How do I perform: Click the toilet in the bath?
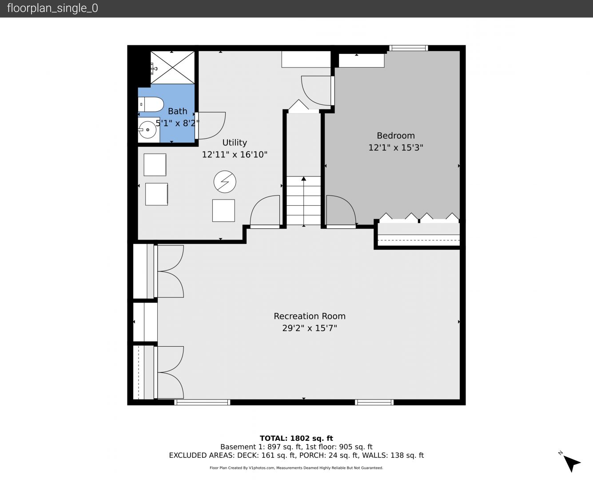pyautogui.click(x=151, y=104)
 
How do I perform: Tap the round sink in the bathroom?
pyautogui.click(x=147, y=130)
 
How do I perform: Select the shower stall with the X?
pyautogui.click(x=173, y=68)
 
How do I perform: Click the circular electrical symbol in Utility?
pyautogui.click(x=225, y=182)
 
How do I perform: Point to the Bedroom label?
pyautogui.click(x=396, y=136)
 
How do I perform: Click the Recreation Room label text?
pyautogui.click(x=310, y=316)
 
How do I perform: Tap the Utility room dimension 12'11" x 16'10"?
pyautogui.click(x=235, y=154)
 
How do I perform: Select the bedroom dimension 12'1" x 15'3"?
pyautogui.click(x=396, y=148)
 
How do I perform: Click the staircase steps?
pyautogui.click(x=304, y=200)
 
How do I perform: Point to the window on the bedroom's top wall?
pyautogui.click(x=408, y=48)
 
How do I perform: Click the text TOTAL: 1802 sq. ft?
pyautogui.click(x=296, y=438)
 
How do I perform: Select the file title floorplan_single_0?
pyautogui.click(x=52, y=8)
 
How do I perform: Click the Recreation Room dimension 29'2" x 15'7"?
pyautogui.click(x=310, y=328)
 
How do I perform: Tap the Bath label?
pyautogui.click(x=178, y=112)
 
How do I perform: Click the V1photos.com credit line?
pyautogui.click(x=296, y=468)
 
